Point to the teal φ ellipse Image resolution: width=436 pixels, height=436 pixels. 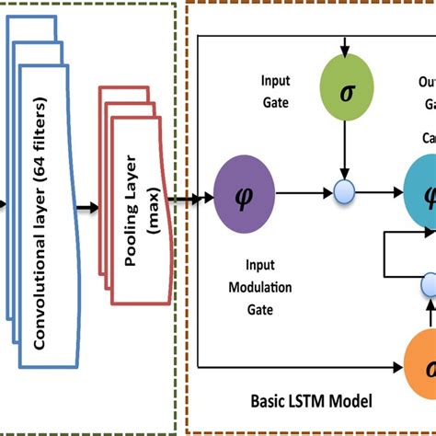tap(424, 196)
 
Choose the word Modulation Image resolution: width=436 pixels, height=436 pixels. tap(263, 287)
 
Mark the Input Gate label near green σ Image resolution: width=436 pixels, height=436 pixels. tap(276, 92)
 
